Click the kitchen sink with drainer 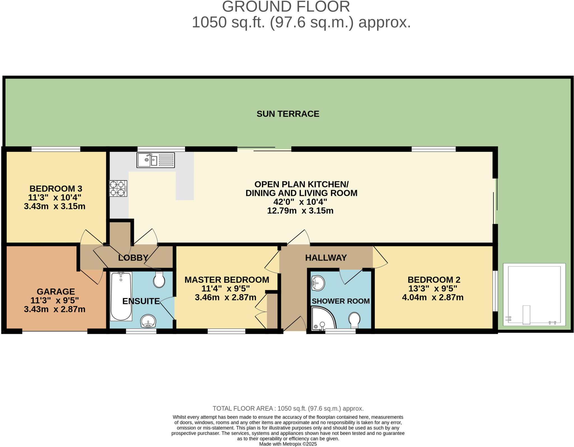tap(156, 160)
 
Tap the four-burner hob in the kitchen tap(118, 188)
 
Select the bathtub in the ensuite tap(121, 296)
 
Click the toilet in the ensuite tap(159, 280)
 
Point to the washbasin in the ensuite tap(148, 321)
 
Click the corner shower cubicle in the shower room tap(322, 318)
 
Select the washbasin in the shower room tap(318, 283)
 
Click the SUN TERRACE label tap(288, 114)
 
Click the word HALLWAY tap(326, 258)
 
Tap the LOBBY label tap(133, 258)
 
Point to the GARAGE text tap(56, 292)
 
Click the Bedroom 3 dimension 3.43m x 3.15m tap(55, 206)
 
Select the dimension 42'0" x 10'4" tap(300, 202)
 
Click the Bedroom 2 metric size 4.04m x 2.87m tap(433, 298)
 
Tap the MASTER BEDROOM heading tap(227, 280)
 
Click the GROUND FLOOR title tap(286, 7)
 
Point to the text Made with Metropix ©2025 tap(288, 444)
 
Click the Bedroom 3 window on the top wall tap(56, 149)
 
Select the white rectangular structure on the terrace tap(534, 294)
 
